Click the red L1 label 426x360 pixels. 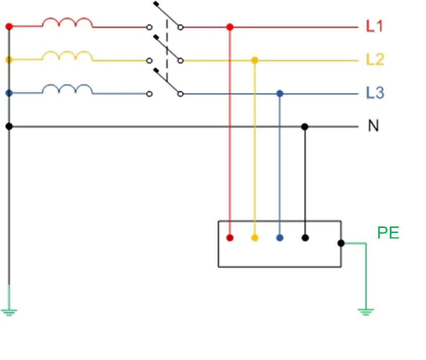375,26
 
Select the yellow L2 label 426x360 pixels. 375,59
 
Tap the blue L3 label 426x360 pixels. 375,93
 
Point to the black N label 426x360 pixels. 374,126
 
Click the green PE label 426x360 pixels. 388,232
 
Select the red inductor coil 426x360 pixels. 67,23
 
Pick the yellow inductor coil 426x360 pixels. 67,56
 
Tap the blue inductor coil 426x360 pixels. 67,89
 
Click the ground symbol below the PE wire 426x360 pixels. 366,312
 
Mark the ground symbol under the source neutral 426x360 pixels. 9,313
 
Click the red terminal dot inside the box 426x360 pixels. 230,238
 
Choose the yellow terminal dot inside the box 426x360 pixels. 254,238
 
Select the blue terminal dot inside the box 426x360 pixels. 280,238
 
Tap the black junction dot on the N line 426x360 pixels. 305,127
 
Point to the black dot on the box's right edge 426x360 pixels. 341,243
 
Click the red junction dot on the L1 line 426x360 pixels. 230,27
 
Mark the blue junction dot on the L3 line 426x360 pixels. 280,94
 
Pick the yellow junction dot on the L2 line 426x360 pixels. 254,61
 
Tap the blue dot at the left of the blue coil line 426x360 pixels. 9,93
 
